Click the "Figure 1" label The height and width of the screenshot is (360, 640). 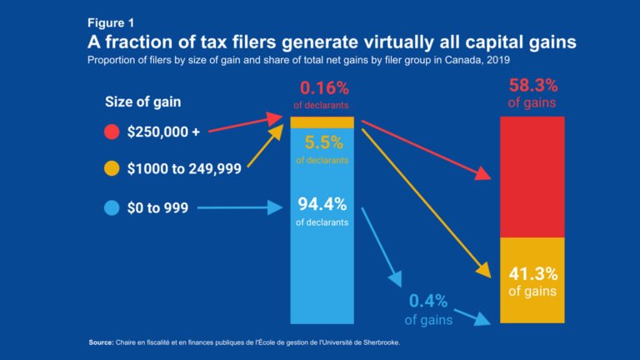[x=112, y=23]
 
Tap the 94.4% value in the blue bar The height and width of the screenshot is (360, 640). [x=322, y=203]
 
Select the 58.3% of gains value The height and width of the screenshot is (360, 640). [x=532, y=87]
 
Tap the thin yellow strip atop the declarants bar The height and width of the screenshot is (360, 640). [x=322, y=122]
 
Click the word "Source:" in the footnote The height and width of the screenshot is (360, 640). [x=100, y=342]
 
